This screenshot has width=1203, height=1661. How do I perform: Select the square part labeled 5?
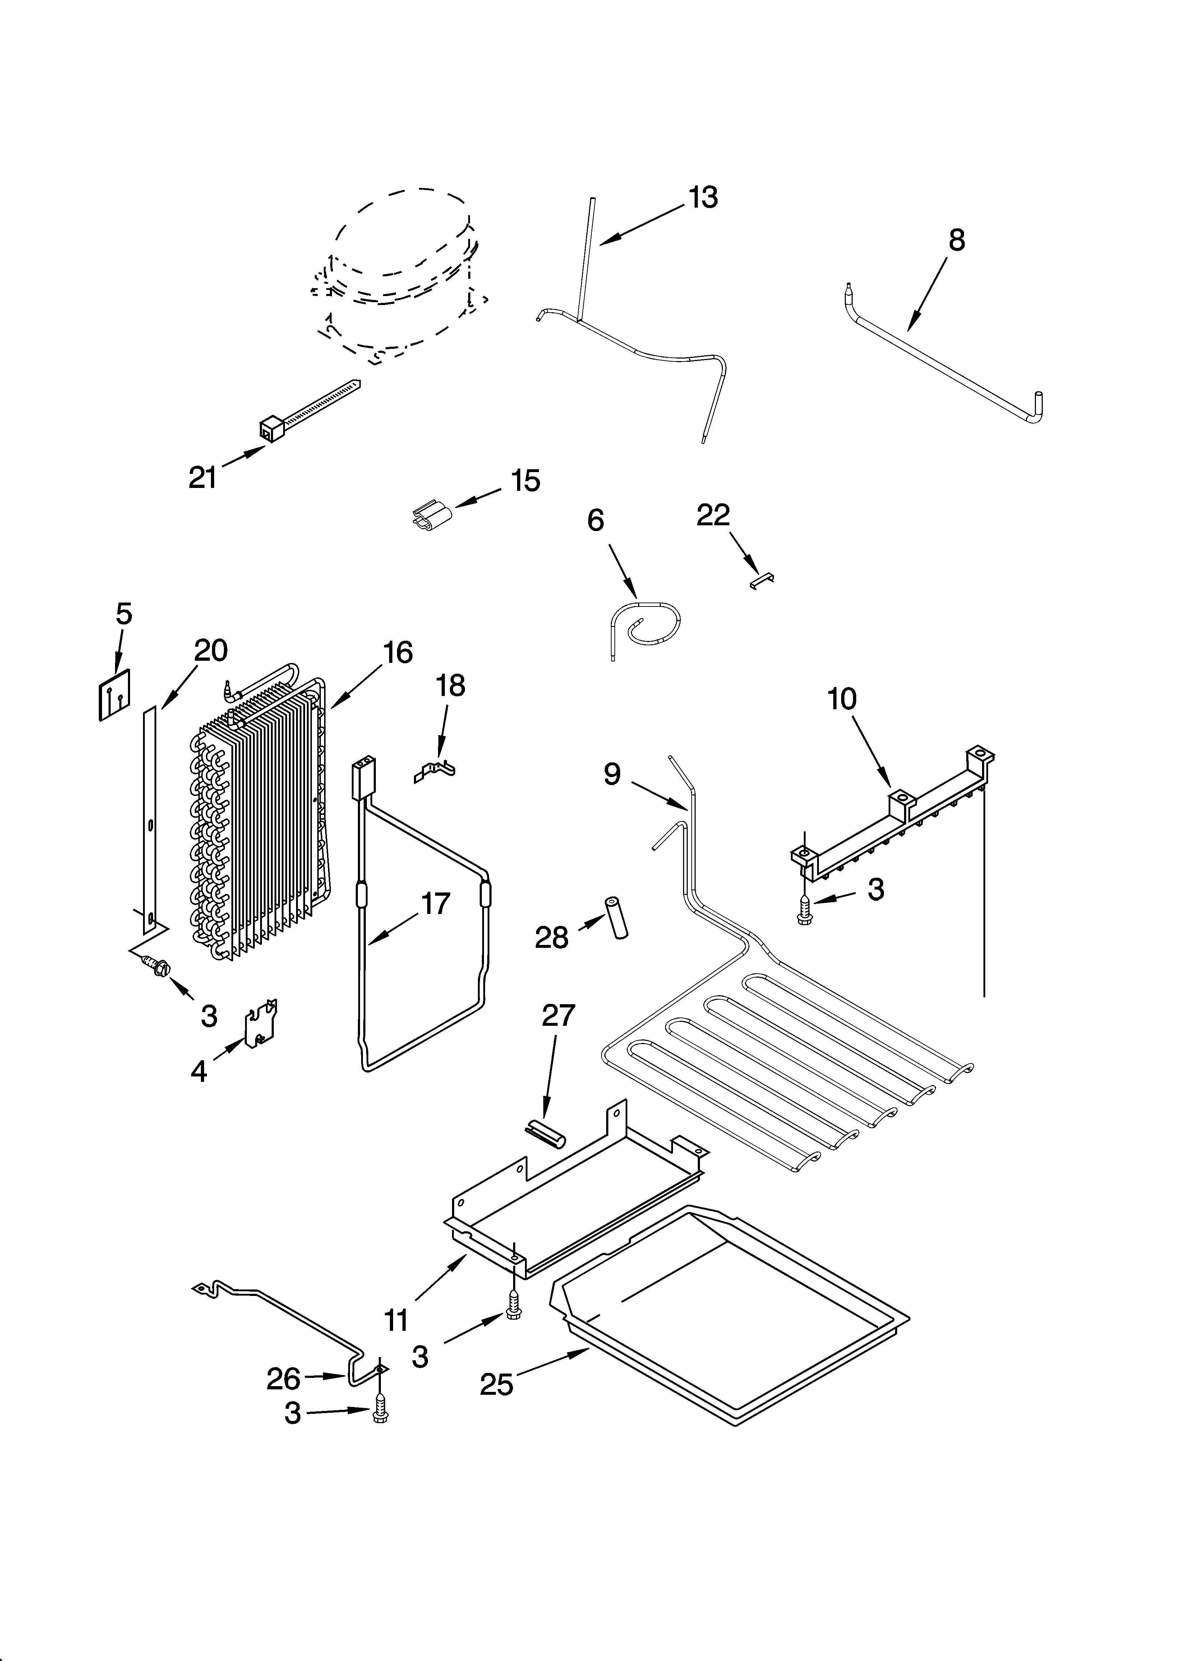(x=115, y=694)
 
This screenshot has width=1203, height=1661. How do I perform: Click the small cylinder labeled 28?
(x=616, y=916)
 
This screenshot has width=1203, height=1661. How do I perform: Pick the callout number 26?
(x=284, y=1379)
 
